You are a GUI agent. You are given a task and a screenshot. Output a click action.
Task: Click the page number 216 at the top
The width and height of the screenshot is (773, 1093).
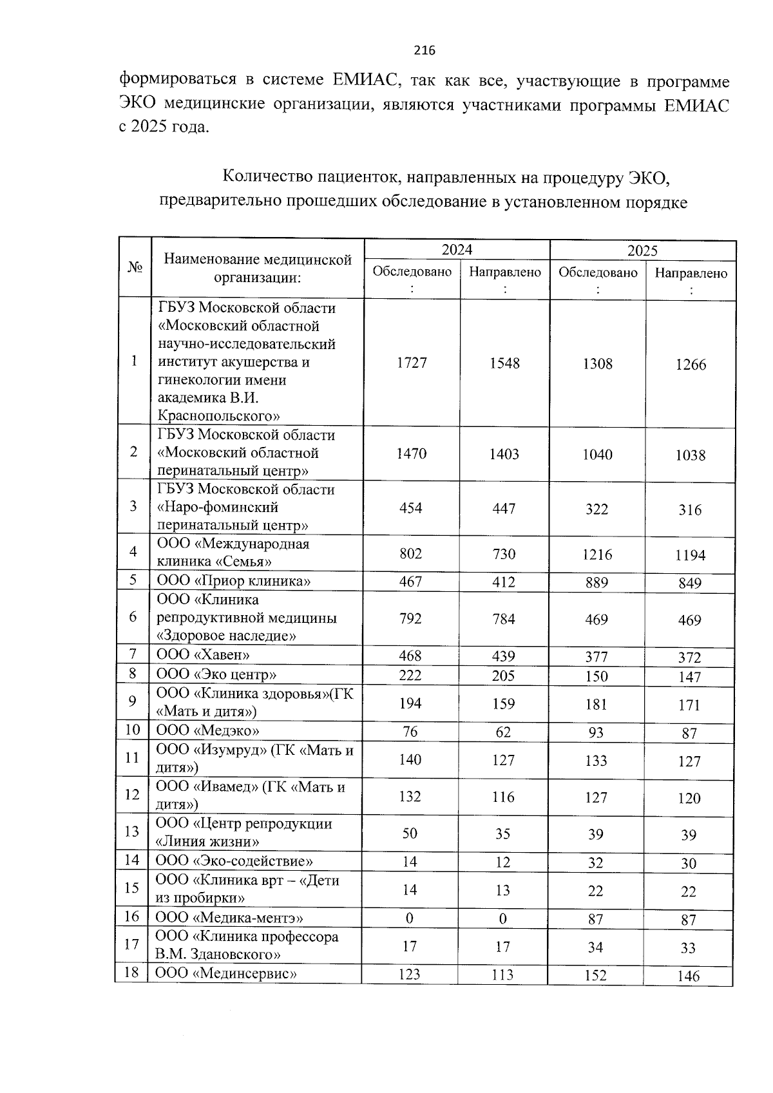coord(425,51)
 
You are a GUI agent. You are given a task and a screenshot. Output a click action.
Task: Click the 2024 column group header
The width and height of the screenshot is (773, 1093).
coord(457,250)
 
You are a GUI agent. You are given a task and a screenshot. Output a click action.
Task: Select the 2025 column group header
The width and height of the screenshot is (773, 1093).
coord(642,251)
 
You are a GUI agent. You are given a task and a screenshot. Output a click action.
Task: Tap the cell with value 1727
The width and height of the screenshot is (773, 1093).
coord(412,363)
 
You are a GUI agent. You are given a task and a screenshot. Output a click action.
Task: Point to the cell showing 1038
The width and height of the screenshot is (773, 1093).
coord(691,455)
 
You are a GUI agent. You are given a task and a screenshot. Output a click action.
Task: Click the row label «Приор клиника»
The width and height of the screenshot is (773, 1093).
coord(234,581)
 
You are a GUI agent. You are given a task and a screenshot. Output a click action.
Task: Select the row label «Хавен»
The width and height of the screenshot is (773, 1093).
coord(204,655)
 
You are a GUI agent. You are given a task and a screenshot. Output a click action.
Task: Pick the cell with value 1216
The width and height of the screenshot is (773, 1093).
coord(597,555)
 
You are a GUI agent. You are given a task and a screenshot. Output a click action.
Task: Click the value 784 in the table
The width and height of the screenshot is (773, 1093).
coord(504,619)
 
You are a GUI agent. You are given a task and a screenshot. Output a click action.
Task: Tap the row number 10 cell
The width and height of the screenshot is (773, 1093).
coord(132,730)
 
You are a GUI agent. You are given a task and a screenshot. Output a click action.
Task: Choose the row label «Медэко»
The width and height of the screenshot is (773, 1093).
coord(208,730)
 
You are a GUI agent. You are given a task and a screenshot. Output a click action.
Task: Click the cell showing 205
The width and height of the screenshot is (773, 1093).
coord(504,675)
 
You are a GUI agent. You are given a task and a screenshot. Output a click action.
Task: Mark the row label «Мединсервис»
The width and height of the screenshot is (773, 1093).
coord(226,973)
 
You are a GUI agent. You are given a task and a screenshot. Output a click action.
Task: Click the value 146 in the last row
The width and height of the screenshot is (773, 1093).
coord(689,976)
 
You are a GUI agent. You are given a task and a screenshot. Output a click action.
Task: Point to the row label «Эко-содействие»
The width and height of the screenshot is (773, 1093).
coord(234,861)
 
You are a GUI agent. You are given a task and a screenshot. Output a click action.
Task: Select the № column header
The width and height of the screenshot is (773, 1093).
coord(135,267)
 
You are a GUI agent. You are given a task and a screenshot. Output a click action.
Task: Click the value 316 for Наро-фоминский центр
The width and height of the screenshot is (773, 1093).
coord(690,510)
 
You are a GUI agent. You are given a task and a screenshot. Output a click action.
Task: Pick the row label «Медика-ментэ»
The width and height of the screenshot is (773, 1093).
coord(229,918)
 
